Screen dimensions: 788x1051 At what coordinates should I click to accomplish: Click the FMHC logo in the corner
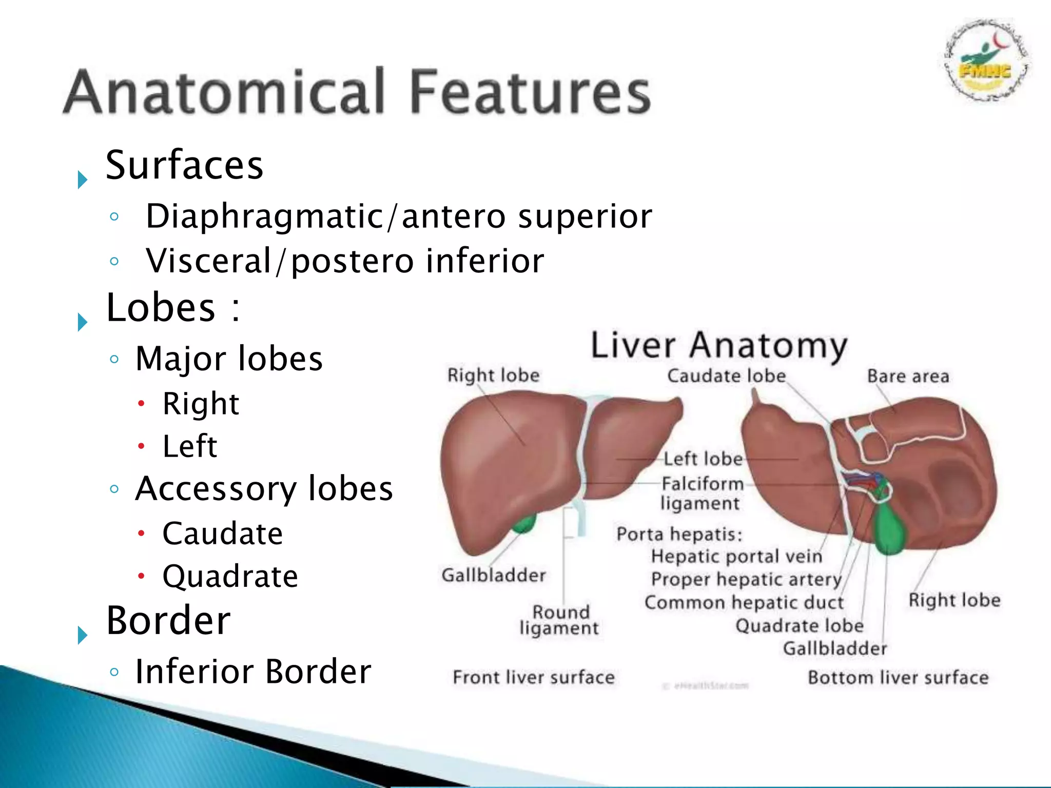(x=986, y=62)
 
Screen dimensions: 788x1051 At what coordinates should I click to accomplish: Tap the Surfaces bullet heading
(x=184, y=165)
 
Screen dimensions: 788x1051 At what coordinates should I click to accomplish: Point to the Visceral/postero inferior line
(x=344, y=261)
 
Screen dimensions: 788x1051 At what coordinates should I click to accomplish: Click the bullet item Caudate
(x=222, y=534)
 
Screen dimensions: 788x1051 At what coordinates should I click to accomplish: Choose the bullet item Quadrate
(x=230, y=576)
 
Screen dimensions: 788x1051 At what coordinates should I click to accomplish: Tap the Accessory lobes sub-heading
(x=264, y=488)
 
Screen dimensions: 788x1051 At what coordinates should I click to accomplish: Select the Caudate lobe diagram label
(x=726, y=376)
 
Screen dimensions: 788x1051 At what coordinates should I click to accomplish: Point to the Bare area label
(x=908, y=376)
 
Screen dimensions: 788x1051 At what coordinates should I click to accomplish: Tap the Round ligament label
(x=559, y=620)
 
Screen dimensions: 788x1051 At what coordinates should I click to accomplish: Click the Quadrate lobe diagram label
(x=799, y=625)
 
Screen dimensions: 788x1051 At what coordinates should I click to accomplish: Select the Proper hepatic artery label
(x=746, y=579)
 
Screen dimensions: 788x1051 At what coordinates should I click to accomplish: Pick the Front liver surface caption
(x=533, y=677)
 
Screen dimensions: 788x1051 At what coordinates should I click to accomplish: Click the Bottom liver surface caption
(x=898, y=677)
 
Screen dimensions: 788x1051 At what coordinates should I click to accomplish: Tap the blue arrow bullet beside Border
(x=82, y=635)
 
